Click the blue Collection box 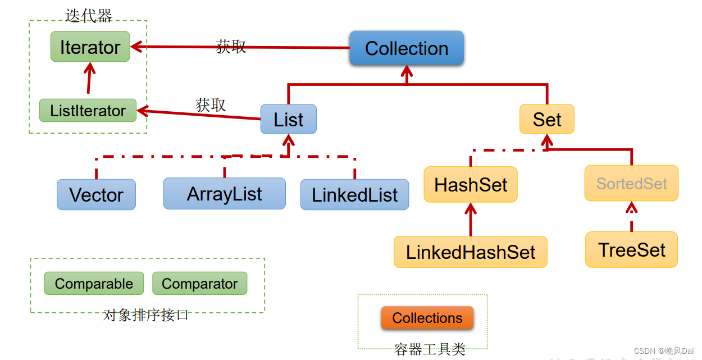[407, 48]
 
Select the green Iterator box [90, 47]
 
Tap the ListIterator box [88, 110]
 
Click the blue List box [288, 119]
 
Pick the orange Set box [547, 119]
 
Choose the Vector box [96, 194]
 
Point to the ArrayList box [225, 194]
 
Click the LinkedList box [354, 194]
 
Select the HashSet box [471, 185]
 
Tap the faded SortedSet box [631, 183]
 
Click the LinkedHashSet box [471, 252]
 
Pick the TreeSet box [631, 250]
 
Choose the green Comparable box [94, 283]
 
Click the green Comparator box [199, 283]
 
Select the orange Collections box [427, 318]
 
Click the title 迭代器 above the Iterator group [88, 16]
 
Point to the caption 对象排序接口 [145, 315]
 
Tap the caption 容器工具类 [430, 349]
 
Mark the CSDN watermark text [663, 351]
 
